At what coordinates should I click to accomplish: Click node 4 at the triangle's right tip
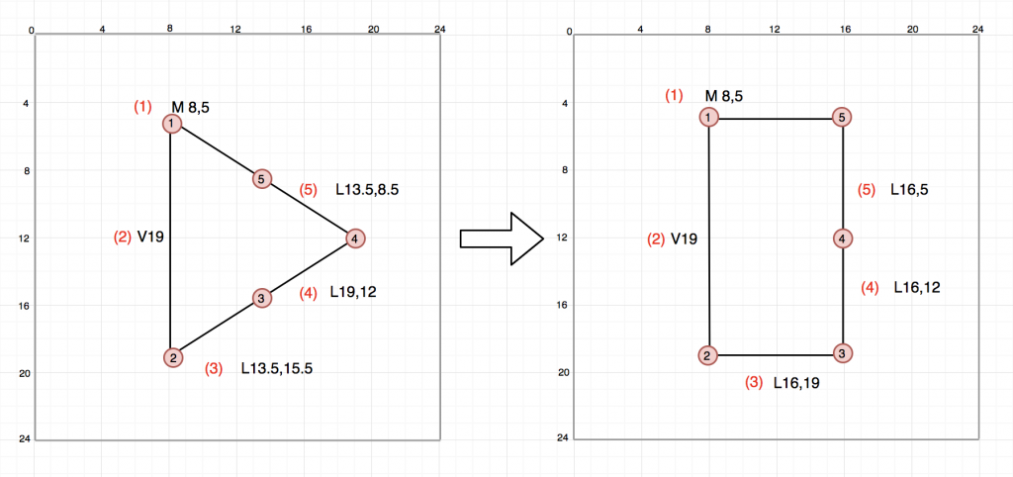(354, 238)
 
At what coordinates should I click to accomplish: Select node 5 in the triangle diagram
(261, 179)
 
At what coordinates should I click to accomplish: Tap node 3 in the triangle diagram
(261, 298)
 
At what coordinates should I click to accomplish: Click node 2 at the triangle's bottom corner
(172, 357)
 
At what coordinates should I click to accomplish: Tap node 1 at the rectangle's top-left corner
(709, 118)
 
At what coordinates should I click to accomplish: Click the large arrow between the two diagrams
(503, 238)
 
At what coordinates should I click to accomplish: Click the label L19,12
(355, 292)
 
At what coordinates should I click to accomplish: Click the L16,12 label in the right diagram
(916, 288)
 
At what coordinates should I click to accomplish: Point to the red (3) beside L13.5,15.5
(214, 369)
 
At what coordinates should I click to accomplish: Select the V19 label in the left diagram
(151, 238)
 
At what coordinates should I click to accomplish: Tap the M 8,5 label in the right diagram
(723, 96)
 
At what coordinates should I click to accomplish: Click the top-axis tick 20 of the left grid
(373, 30)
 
